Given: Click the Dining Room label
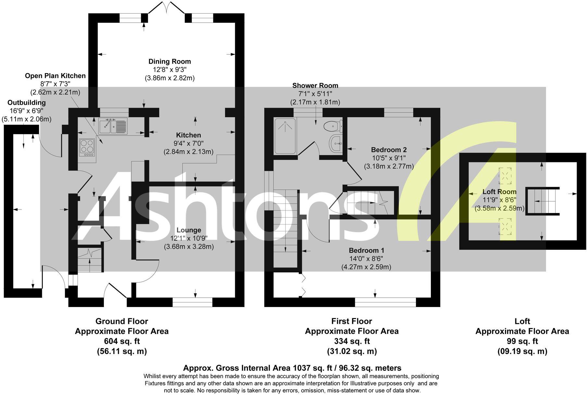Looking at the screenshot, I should click(169, 61).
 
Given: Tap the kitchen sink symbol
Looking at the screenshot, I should click(113, 126).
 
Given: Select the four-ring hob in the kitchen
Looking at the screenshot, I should click(87, 147).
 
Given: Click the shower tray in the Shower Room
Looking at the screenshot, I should click(285, 136).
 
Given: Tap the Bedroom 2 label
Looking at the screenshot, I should click(389, 150).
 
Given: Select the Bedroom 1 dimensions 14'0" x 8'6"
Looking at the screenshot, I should click(366, 259).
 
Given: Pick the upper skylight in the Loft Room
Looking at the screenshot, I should click(505, 176).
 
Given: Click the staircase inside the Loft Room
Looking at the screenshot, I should click(542, 201).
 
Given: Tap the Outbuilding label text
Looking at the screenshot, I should click(27, 103).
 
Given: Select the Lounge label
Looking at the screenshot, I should click(189, 230).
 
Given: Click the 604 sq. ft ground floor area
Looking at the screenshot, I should click(122, 341).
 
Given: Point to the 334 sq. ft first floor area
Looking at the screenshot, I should click(352, 341).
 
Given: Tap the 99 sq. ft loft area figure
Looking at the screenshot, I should click(522, 341).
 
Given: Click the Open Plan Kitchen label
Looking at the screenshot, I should click(55, 76).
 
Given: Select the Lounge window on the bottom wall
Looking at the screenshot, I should click(192, 303).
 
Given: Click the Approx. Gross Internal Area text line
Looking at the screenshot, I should click(292, 368).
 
